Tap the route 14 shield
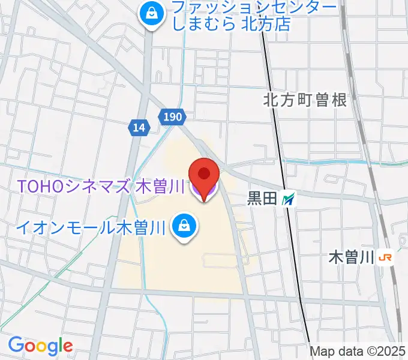tap(139, 127)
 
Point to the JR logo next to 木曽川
tap(386, 258)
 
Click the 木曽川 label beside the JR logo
tap(352, 258)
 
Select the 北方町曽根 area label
tap(305, 100)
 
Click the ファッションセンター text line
tap(254, 7)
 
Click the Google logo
tap(40, 346)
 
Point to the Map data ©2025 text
tap(358, 351)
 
